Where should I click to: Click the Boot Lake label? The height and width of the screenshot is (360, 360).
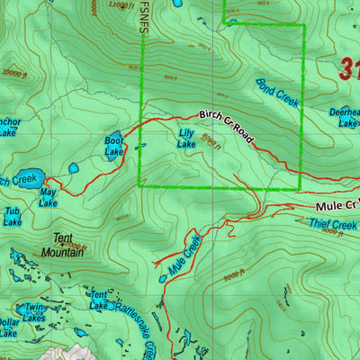pos(114,146)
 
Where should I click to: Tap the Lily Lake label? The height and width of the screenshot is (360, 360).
pos(186,138)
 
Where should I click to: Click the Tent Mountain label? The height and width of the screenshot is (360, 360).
pos(62,246)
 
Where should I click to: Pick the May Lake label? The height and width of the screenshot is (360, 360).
pos(48,197)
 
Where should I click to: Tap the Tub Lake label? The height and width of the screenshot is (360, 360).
pos(12,217)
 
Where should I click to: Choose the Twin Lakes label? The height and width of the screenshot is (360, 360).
pos(34,312)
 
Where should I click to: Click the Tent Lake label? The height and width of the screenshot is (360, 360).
pos(99,300)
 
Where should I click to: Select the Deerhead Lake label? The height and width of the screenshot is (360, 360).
pos(344,118)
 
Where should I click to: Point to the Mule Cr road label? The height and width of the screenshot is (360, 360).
pos(337,205)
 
